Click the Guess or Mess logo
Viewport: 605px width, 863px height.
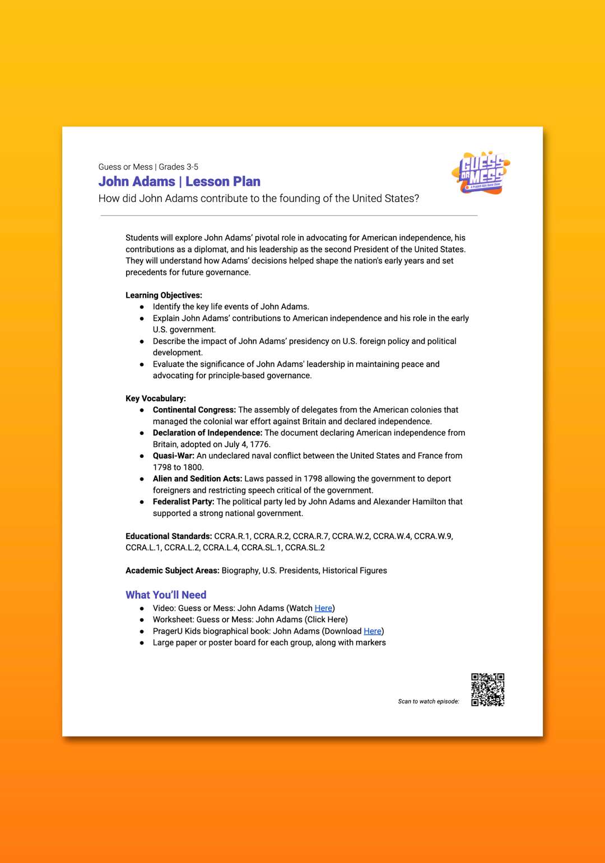point(481,173)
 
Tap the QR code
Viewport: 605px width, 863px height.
point(487,690)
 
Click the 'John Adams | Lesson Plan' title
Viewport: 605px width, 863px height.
point(179,181)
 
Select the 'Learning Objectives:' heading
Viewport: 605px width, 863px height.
point(164,295)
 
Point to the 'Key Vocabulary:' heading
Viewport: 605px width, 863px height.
point(156,398)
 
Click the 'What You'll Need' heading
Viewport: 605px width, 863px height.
point(166,595)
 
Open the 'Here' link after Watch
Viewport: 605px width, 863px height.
point(323,608)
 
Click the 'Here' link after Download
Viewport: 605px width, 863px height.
point(373,631)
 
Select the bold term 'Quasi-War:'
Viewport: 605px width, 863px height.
point(174,456)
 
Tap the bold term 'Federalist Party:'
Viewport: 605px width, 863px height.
point(184,501)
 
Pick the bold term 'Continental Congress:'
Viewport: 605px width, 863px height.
point(194,410)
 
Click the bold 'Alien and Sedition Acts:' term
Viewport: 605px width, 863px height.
point(198,479)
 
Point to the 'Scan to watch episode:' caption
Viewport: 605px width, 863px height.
point(429,701)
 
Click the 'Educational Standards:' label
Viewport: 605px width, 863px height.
point(169,536)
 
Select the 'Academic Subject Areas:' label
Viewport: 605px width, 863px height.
point(173,570)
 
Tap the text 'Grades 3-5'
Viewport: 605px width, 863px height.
point(179,167)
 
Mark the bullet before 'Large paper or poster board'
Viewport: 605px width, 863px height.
point(142,643)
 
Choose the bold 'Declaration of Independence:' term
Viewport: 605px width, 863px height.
point(207,433)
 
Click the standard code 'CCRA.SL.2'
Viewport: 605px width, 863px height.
point(305,547)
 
